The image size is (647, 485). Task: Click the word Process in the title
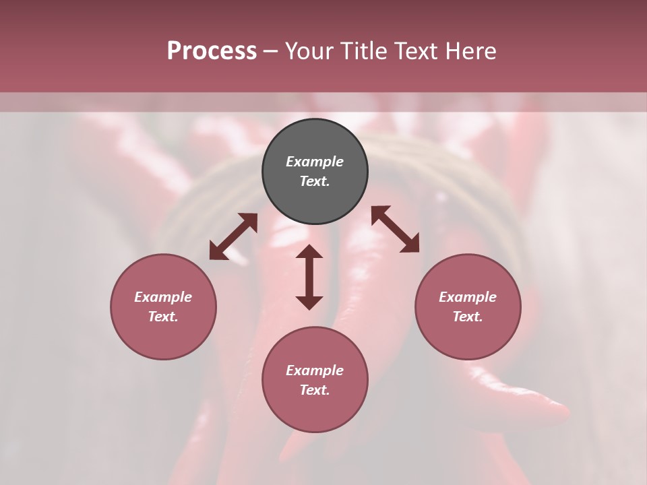pyautogui.click(x=212, y=51)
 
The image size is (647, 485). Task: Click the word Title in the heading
pyautogui.click(x=364, y=51)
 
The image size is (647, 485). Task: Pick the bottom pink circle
pyautogui.click(x=315, y=411)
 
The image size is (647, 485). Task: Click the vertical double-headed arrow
pyautogui.click(x=309, y=277)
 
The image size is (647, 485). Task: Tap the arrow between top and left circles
pyautogui.click(x=233, y=236)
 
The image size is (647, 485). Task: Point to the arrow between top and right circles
pyautogui.click(x=396, y=229)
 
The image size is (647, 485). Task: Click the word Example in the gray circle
pyautogui.click(x=315, y=162)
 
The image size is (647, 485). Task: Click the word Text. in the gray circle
pyautogui.click(x=315, y=181)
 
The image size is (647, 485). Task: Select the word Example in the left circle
pyautogui.click(x=163, y=297)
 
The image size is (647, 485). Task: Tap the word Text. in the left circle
pyautogui.click(x=163, y=317)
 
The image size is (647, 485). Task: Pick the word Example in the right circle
pyautogui.click(x=468, y=297)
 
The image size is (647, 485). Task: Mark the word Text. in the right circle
pyautogui.click(x=468, y=317)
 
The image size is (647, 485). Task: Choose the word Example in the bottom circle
pyautogui.click(x=315, y=370)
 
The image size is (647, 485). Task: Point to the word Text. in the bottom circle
pyautogui.click(x=315, y=390)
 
